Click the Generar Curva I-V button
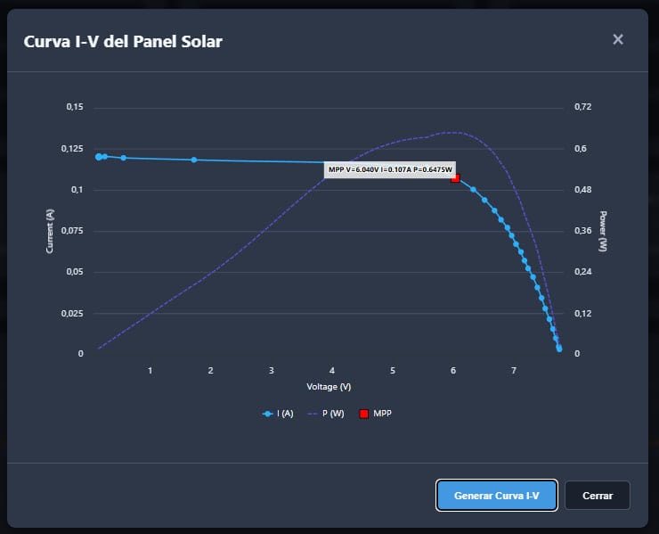[497, 495]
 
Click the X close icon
[618, 39]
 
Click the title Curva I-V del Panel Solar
[123, 42]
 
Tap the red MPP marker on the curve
[455, 178]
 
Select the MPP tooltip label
[390, 169]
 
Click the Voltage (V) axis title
[329, 387]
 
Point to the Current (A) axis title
[51, 231]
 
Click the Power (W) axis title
[603, 231]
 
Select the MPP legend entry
[376, 414]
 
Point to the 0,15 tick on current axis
[74, 107]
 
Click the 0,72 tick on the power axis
[582, 107]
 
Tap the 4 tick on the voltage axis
[332, 370]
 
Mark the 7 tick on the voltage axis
[514, 370]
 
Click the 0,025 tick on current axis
[72, 314]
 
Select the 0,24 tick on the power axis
[582, 273]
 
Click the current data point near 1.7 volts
[194, 160]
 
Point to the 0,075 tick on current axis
[72, 231]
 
